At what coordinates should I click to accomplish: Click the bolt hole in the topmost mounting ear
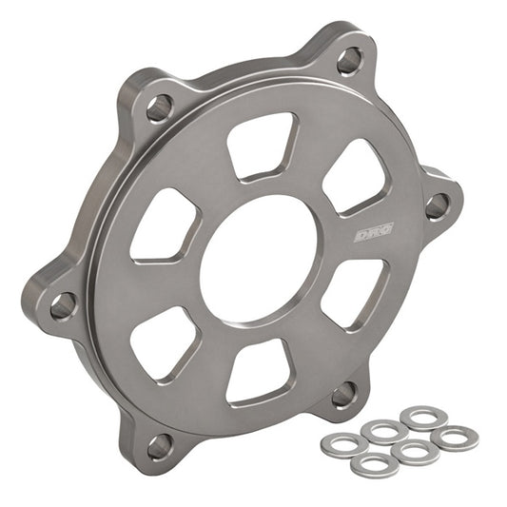point(349,60)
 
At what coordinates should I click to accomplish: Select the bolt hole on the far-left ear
point(63,303)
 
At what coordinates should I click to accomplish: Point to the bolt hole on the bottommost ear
point(160,442)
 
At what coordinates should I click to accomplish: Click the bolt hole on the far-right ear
point(437,205)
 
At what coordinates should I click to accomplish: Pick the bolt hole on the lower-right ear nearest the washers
point(345,392)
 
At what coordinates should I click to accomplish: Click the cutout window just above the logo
point(354,178)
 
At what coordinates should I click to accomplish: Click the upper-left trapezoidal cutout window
point(166,224)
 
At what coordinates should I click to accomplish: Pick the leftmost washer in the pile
point(340,442)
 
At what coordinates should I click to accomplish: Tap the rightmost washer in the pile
point(454,438)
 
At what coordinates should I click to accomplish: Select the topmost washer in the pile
point(419,418)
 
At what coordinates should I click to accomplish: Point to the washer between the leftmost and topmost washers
point(382,431)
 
